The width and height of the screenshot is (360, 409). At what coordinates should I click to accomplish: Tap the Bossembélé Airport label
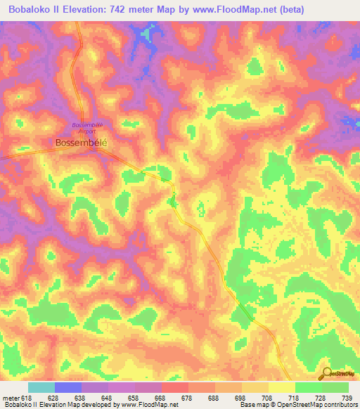[x=88, y=127]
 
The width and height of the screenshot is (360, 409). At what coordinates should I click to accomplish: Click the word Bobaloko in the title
[x=30, y=10]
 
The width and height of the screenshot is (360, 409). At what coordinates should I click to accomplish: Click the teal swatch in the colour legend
[x=41, y=387]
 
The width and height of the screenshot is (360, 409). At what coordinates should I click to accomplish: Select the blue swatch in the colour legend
[x=68, y=387]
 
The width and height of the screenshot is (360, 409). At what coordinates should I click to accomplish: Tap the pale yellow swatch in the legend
[x=281, y=387]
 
